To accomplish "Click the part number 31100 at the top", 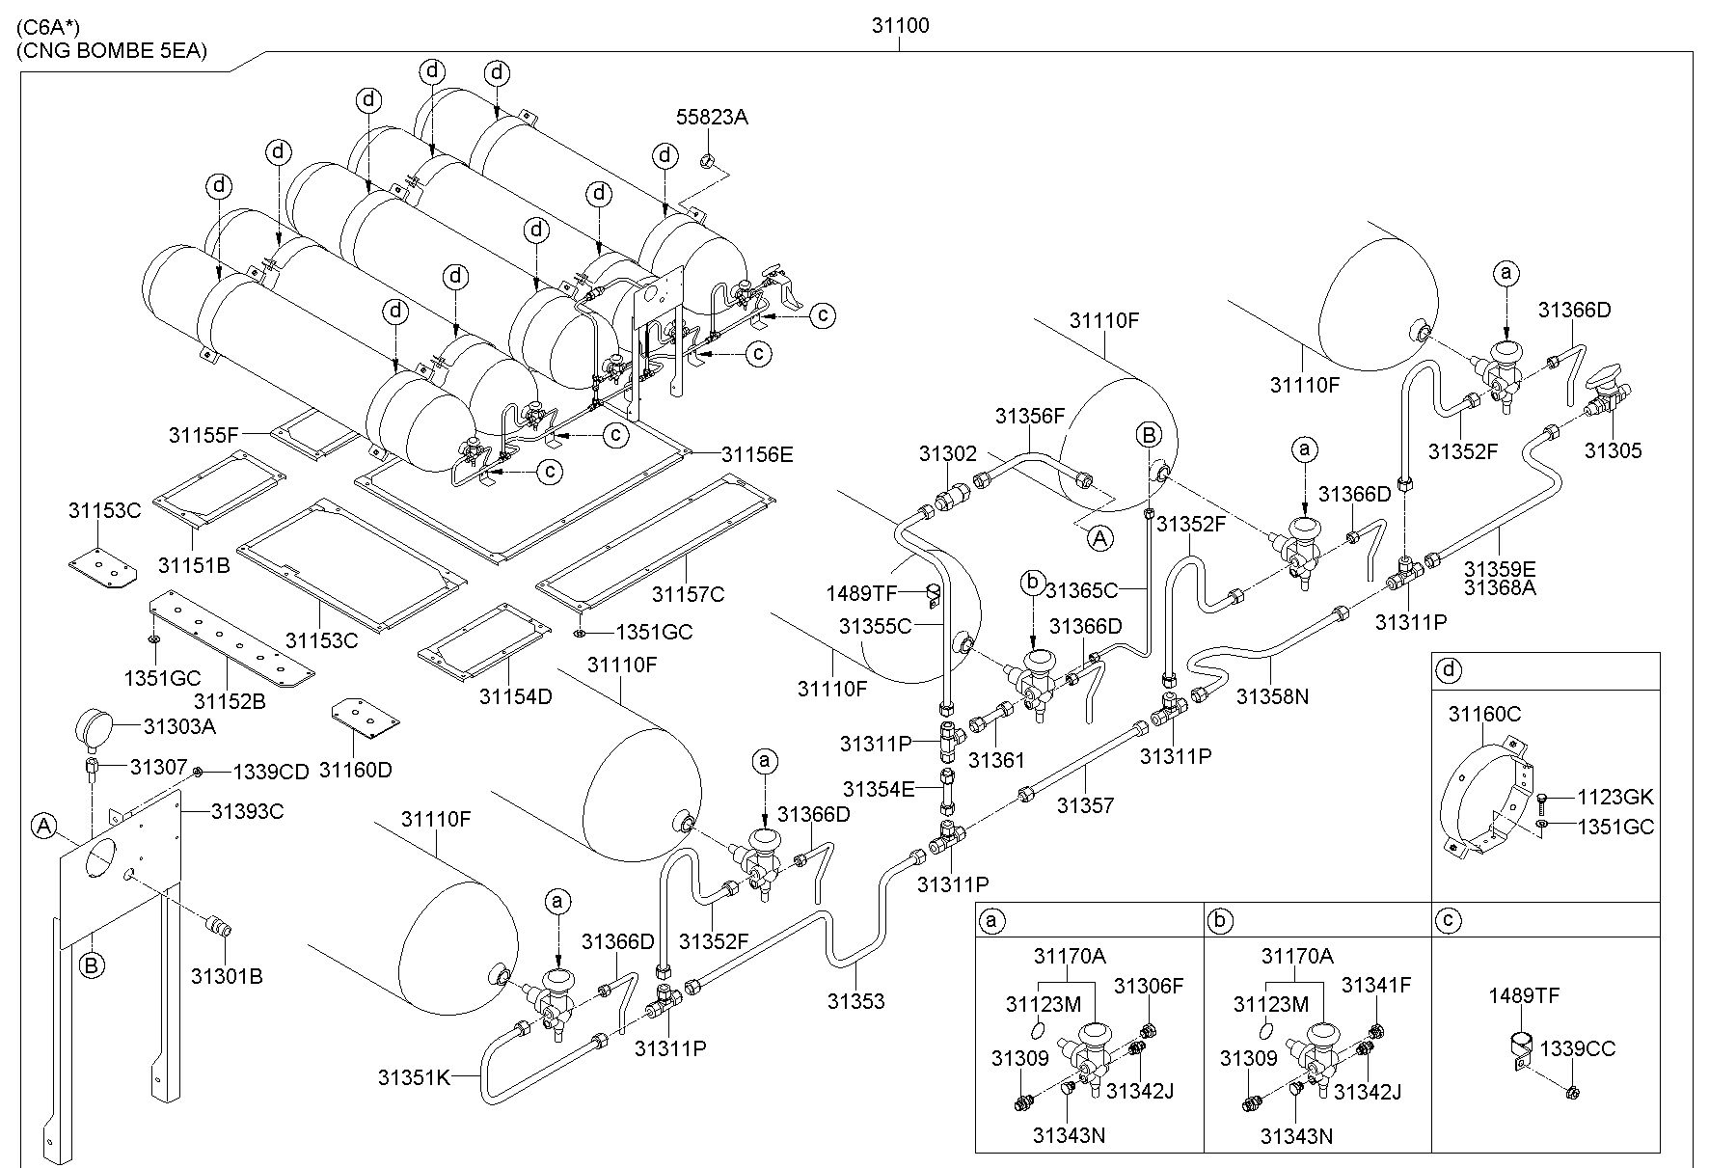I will pyautogui.click(x=900, y=26).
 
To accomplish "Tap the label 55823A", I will pyautogui.click(x=712, y=118).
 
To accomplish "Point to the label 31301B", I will pyautogui.click(x=227, y=976).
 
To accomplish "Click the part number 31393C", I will pyautogui.click(x=247, y=811).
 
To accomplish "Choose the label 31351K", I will pyautogui.click(x=414, y=1077).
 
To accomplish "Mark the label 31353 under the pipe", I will pyautogui.click(x=855, y=1001).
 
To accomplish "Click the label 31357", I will pyautogui.click(x=1086, y=804).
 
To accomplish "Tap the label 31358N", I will pyautogui.click(x=1272, y=695).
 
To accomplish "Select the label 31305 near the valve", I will pyautogui.click(x=1613, y=450).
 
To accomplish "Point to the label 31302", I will pyautogui.click(x=947, y=453).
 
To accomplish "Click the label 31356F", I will pyautogui.click(x=1030, y=416).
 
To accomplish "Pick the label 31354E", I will pyautogui.click(x=878, y=789).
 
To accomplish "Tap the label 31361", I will pyautogui.click(x=996, y=760).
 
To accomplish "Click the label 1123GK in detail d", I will pyautogui.click(x=1615, y=797).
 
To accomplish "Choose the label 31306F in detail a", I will pyautogui.click(x=1148, y=985).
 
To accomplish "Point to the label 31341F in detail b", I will pyautogui.click(x=1376, y=985).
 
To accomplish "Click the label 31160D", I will pyautogui.click(x=356, y=770).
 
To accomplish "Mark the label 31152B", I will pyautogui.click(x=230, y=701).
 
